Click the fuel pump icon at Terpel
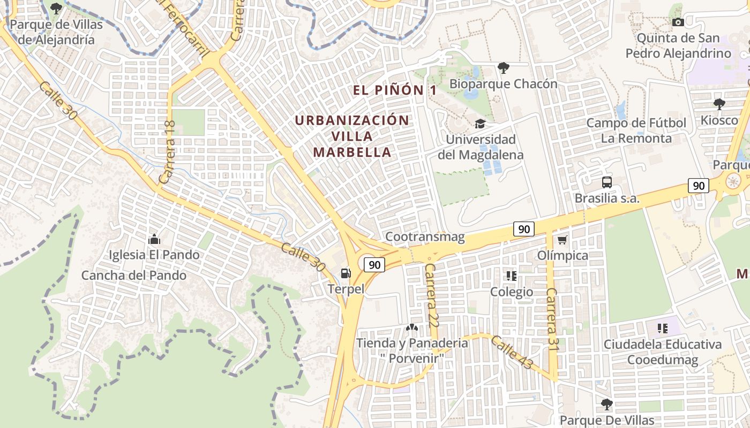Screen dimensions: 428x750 [346, 273]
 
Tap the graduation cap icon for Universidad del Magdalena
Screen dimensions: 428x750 [480, 124]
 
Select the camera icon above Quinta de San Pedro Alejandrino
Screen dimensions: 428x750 [678, 22]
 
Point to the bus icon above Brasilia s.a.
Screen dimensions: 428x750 [606, 182]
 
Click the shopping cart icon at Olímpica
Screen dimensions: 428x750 [562, 240]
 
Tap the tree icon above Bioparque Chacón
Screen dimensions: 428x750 [503, 67]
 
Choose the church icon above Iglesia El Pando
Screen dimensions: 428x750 [154, 239]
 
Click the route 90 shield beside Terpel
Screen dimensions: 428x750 [374, 264]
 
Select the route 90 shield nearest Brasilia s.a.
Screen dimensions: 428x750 [699, 186]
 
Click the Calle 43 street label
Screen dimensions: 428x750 [512, 352]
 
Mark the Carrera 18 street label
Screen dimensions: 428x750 [168, 152]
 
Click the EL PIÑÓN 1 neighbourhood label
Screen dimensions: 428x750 [395, 90]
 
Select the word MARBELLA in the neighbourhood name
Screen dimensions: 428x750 [352, 152]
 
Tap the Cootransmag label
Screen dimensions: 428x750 [425, 236]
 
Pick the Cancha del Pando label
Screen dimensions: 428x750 [134, 276]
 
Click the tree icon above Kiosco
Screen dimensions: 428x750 [719, 104]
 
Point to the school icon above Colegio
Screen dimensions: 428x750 [512, 276]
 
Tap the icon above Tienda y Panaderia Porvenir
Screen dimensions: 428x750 [411, 327]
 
